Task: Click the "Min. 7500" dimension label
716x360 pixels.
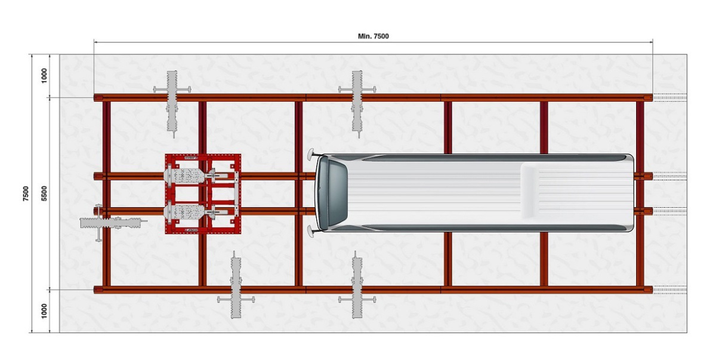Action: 373,36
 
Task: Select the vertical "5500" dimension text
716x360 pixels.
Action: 45,193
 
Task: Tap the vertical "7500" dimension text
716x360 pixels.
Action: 26,193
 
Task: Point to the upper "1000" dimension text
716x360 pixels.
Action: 45,76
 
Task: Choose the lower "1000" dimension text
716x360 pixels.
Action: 45,310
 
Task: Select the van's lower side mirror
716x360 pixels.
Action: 311,231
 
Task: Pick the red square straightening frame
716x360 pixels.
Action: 203,193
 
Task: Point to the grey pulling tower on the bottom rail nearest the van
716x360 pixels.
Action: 357,287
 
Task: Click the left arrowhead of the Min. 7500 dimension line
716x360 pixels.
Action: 96,42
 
